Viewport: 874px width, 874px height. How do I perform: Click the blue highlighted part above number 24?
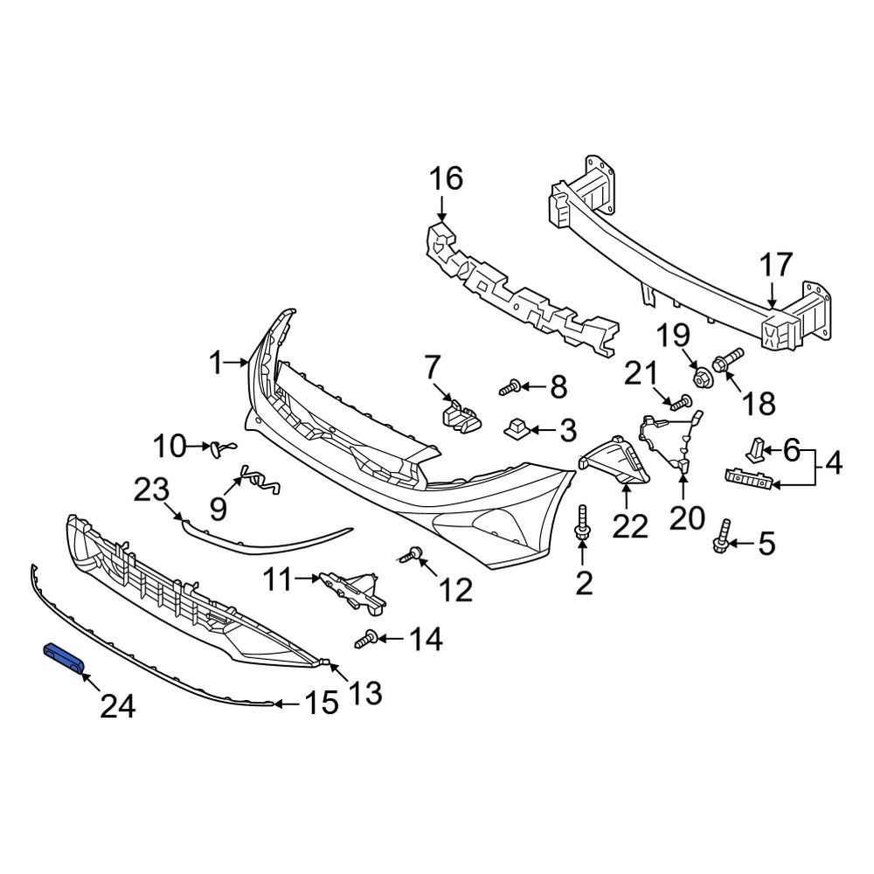(64, 657)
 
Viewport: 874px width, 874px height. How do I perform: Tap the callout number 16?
(446, 179)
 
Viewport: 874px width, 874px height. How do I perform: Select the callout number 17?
(776, 266)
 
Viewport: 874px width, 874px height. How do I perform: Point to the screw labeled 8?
(510, 386)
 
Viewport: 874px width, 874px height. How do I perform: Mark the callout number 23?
(151, 490)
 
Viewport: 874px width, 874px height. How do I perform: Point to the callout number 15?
(322, 704)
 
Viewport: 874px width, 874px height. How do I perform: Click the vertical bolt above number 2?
(581, 523)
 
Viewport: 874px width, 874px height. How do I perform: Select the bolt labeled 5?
(721, 536)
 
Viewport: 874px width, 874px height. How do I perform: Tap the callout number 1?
(216, 364)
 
